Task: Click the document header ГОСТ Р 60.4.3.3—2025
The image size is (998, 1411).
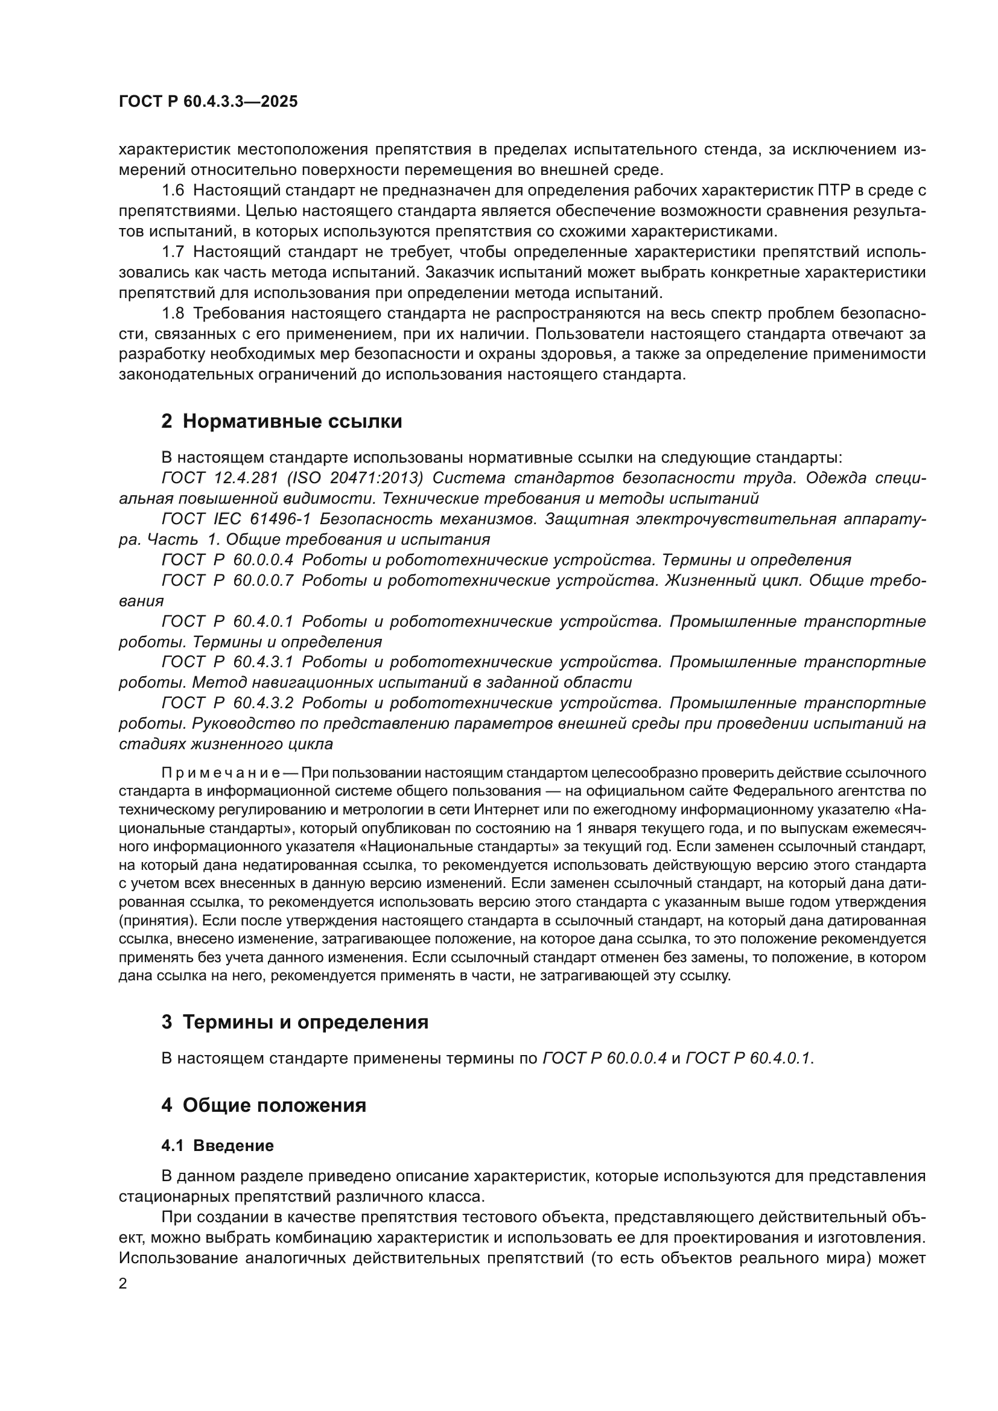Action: click(x=208, y=102)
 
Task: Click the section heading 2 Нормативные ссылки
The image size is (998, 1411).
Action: click(x=281, y=422)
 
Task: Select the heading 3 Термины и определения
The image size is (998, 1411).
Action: click(x=295, y=1022)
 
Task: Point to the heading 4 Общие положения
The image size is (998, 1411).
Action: click(x=264, y=1105)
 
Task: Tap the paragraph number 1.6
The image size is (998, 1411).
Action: click(x=173, y=191)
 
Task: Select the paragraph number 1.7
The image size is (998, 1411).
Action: click(x=173, y=252)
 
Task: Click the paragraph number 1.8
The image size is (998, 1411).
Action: click(x=173, y=314)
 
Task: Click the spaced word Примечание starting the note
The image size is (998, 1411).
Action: click(x=221, y=773)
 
